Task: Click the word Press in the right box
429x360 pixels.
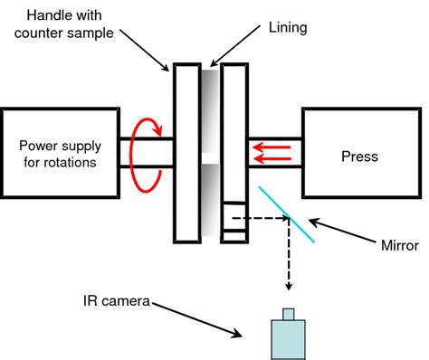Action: [359, 156]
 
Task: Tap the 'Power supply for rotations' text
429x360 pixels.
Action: [61, 154]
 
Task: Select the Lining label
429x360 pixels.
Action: [288, 28]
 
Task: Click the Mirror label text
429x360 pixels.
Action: [400, 245]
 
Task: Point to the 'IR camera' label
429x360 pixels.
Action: [117, 301]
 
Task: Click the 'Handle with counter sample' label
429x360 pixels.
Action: [64, 24]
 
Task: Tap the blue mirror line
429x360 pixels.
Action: [287, 214]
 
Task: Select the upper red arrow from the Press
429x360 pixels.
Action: [272, 147]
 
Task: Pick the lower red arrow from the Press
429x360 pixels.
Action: [272, 158]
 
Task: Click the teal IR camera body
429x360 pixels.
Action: [288, 340]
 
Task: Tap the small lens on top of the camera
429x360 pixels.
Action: [288, 314]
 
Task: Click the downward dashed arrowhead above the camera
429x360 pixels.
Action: [289, 286]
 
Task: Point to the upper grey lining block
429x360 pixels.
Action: [210, 111]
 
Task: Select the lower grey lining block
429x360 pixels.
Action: [210, 200]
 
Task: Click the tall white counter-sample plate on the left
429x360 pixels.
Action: [187, 153]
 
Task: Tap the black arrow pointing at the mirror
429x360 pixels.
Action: [342, 231]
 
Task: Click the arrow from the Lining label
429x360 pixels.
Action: [234, 46]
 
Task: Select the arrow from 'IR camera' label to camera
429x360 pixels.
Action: [196, 320]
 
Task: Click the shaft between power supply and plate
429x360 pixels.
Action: [147, 153]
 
